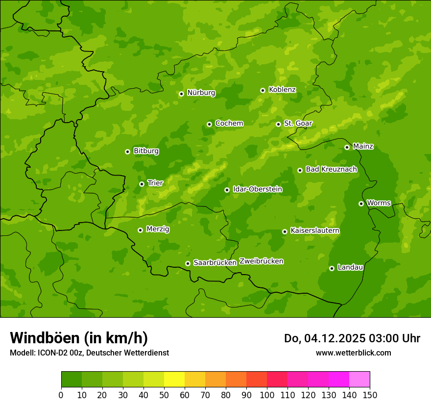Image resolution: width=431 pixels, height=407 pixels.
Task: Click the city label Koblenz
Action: pyautogui.click(x=282, y=90)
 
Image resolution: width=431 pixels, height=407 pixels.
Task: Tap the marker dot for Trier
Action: pyautogui.click(x=142, y=184)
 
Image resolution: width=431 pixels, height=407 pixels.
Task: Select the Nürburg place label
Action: pyautogui.click(x=201, y=93)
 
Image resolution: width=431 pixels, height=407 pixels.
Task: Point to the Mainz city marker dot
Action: pyautogui.click(x=347, y=147)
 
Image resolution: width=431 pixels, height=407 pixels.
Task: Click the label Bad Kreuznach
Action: pyautogui.click(x=331, y=169)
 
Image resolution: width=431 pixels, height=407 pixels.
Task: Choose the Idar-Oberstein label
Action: pyautogui.click(x=257, y=189)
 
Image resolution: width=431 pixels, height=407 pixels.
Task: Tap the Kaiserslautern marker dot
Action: pyautogui.click(x=285, y=231)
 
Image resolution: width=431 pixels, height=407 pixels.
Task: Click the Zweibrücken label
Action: pyautogui.click(x=261, y=261)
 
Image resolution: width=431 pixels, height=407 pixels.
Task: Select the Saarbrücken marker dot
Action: pyautogui.click(x=188, y=263)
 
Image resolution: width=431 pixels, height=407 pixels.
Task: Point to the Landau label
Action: pyautogui.click(x=350, y=267)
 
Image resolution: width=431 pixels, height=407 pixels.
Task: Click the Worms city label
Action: pyautogui.click(x=379, y=203)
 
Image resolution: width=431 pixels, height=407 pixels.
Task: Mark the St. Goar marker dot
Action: pyautogui.click(x=278, y=124)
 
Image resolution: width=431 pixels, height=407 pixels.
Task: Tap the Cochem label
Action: pyautogui.click(x=229, y=123)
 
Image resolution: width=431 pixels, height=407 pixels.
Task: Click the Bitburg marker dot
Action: pyautogui.click(x=127, y=152)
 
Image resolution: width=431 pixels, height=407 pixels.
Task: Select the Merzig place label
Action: pyautogui.click(x=158, y=229)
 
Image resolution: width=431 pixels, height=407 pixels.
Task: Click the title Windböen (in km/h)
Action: pyautogui.click(x=78, y=338)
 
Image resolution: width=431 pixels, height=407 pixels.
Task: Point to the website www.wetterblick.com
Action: pyautogui.click(x=353, y=353)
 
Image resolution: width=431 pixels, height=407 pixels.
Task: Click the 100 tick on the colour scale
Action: pyautogui.click(x=267, y=395)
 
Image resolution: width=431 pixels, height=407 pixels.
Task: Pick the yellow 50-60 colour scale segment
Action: pyautogui.click(x=174, y=380)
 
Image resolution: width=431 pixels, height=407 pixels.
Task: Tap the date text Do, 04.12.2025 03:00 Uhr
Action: pyautogui.click(x=352, y=338)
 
